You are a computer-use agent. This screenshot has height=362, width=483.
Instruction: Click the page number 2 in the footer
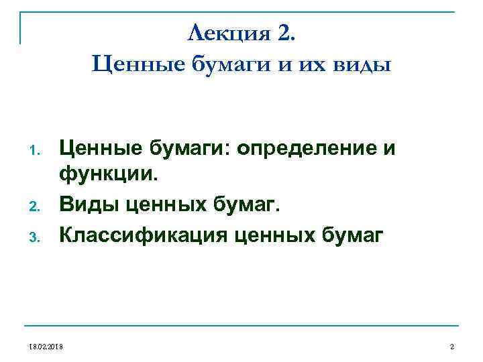click(x=452, y=346)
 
